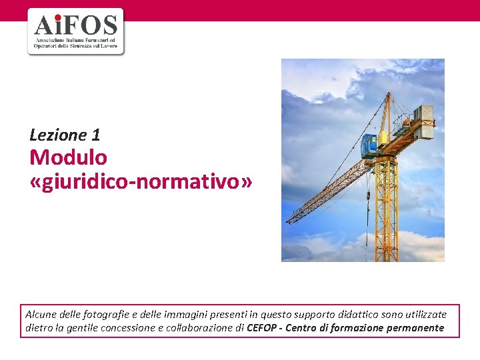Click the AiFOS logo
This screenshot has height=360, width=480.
click(75, 31)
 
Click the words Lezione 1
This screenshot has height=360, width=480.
click(65, 135)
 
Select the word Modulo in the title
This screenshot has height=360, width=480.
click(68, 158)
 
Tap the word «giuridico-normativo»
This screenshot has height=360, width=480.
click(141, 181)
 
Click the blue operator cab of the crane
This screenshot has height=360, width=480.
click(369, 145)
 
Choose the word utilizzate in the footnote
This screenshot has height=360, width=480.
click(425, 314)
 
